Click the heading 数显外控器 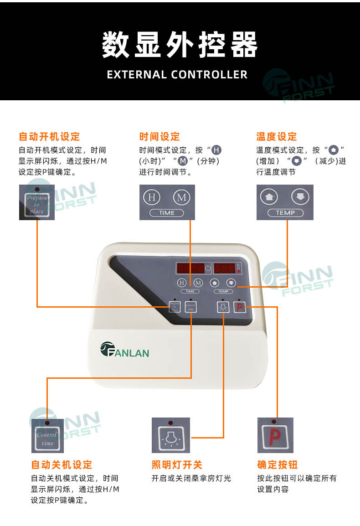click(x=180, y=45)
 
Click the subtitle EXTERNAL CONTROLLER click(x=177, y=75)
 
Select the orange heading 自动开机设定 click(x=49, y=137)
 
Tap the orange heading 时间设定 click(x=159, y=137)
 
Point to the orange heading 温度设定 click(x=277, y=137)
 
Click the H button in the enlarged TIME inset click(x=153, y=197)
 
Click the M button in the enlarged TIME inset click(x=181, y=197)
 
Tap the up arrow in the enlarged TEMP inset click(x=268, y=197)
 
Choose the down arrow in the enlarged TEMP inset click(x=300, y=197)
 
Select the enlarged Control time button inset click(x=47, y=439)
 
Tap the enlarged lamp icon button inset click(x=170, y=438)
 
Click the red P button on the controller click(x=240, y=307)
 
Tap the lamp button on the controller click(x=222, y=307)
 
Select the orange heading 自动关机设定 click(x=62, y=465)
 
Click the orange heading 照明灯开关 click(x=177, y=465)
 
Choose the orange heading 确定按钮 click(x=277, y=465)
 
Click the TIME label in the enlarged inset click(x=167, y=213)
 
